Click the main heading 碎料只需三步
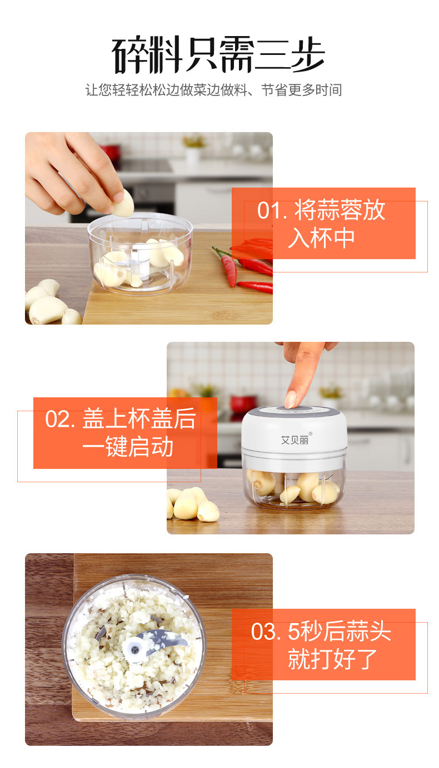point(218,54)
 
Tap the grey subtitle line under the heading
point(213,90)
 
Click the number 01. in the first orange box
point(272,210)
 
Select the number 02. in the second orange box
point(60,419)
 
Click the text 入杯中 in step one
point(321,238)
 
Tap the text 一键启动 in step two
point(128,447)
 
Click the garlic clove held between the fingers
point(123,204)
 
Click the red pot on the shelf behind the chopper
point(243,403)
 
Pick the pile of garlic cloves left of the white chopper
point(193,504)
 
